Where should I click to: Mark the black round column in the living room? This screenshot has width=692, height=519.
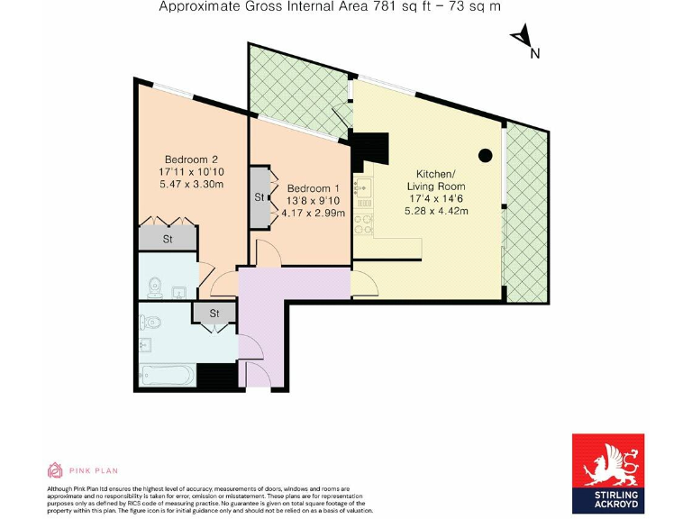(x=485, y=155)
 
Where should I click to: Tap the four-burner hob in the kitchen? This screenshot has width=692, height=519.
(x=364, y=222)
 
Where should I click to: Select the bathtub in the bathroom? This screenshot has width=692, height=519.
(x=168, y=375)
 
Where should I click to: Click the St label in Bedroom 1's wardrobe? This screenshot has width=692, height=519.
(x=259, y=196)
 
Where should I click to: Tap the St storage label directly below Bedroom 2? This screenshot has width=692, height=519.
(x=168, y=239)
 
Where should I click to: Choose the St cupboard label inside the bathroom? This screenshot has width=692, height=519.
(x=214, y=314)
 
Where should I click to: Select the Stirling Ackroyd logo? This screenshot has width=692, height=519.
(x=608, y=473)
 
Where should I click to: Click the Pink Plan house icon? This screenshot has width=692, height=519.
(x=54, y=470)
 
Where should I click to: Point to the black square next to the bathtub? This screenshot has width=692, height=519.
(x=216, y=375)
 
